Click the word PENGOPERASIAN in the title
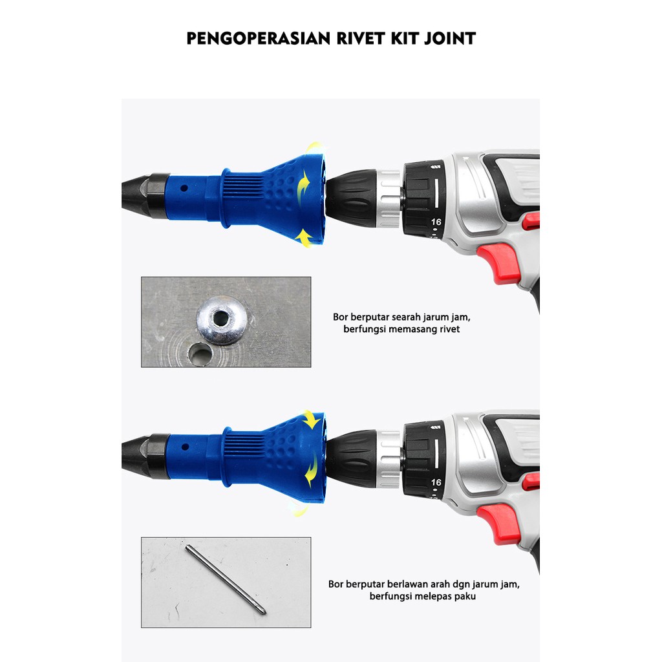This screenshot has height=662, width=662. pyautogui.click(x=259, y=38)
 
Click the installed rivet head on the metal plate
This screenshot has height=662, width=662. pyautogui.click(x=222, y=319)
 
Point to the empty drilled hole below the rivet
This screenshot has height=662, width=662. pyautogui.click(x=200, y=354)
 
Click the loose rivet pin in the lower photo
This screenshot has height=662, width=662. pyautogui.click(x=226, y=579)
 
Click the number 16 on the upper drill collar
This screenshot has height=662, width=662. pyautogui.click(x=436, y=222)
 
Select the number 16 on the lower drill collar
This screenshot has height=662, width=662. pyautogui.click(x=436, y=482)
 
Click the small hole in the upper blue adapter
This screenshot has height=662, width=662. pyautogui.click(x=184, y=188)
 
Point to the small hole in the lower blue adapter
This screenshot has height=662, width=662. pyautogui.click(x=185, y=447)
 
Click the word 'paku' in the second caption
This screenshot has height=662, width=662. pyautogui.click(x=466, y=597)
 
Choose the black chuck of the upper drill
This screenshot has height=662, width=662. pyautogui.click(x=351, y=198)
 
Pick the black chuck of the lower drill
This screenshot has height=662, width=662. pyautogui.click(x=351, y=458)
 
